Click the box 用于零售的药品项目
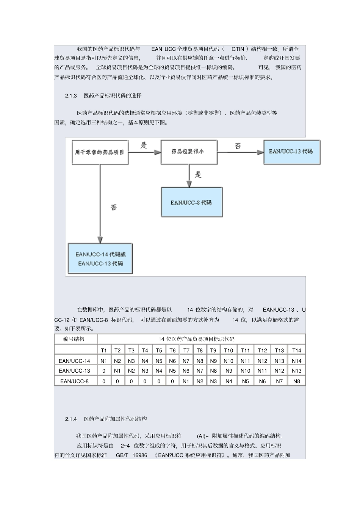tap(100, 152)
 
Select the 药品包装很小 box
tap(189, 152)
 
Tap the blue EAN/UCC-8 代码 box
tap(191, 202)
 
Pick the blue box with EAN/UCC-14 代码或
tap(100, 259)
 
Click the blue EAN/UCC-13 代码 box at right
tap(291, 152)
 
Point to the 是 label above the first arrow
tap(144, 145)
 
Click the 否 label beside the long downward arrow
tap(113, 207)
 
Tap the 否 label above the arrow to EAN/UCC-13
tap(238, 146)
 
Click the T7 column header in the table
tap(186, 350)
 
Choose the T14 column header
tap(296, 350)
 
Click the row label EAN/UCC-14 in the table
tap(75, 361)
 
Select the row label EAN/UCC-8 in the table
tap(74, 381)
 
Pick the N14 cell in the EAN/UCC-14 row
tap(296, 361)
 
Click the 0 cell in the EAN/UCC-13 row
tap(104, 371)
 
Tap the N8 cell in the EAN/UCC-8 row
tap(296, 381)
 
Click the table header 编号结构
tap(74, 339)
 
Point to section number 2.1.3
tap(71, 96)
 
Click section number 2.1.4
tap(71, 419)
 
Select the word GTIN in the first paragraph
tap(238, 49)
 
